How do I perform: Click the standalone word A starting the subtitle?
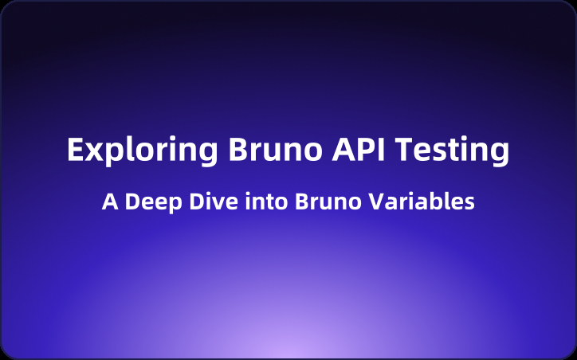(109, 202)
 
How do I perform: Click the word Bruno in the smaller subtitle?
(318, 202)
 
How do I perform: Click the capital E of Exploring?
(74, 150)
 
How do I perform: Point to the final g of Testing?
(499, 155)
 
